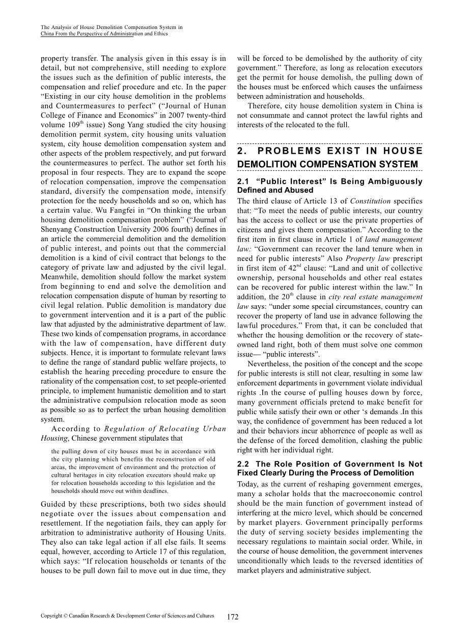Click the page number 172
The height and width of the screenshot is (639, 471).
click(233, 617)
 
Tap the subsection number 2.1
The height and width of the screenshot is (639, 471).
click(243, 182)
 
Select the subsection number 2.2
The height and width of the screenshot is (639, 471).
click(243, 464)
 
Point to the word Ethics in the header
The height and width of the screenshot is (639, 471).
click(160, 34)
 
